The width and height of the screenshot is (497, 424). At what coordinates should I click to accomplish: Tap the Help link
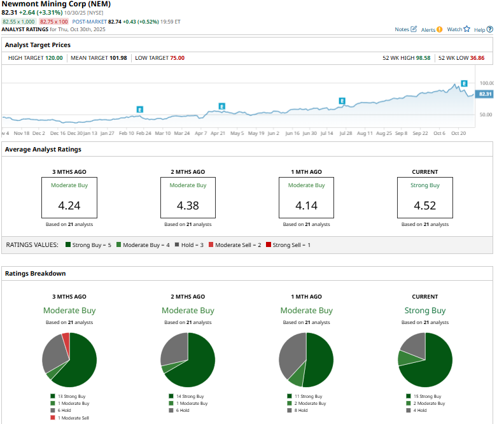(479, 29)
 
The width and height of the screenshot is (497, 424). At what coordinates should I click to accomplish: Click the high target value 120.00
(54, 58)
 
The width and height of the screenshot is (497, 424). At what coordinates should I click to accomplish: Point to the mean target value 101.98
(118, 58)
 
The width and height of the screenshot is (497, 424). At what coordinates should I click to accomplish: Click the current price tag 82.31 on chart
(485, 94)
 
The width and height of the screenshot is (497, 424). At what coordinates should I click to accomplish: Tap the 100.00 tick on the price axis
(486, 83)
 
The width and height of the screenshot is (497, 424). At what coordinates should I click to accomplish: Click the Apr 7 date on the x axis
(200, 134)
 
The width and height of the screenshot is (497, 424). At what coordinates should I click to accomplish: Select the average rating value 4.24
(69, 206)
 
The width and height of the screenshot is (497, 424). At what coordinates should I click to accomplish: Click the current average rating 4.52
(424, 206)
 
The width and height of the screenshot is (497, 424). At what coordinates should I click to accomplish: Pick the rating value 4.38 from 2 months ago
(188, 206)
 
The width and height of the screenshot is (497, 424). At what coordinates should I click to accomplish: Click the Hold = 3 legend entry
(188, 244)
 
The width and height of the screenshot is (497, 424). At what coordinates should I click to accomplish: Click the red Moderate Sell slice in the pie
(66, 339)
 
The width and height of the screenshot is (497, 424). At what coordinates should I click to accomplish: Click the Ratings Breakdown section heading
(36, 273)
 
